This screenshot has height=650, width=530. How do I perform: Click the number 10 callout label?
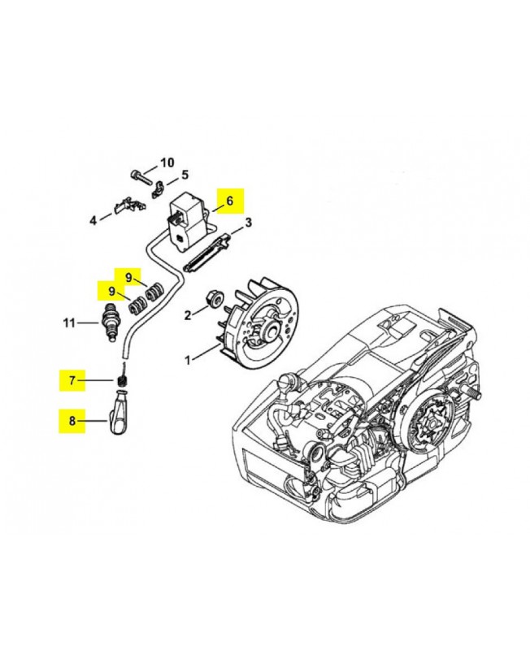(x=167, y=162)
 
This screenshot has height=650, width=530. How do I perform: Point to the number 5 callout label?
(x=185, y=175)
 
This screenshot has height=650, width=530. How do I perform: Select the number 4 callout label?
(x=93, y=219)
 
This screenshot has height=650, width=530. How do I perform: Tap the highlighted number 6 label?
(x=229, y=200)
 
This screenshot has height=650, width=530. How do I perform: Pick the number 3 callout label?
(x=249, y=222)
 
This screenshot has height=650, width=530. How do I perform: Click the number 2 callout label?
(x=187, y=314)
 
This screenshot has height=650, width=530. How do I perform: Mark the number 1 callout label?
(x=189, y=359)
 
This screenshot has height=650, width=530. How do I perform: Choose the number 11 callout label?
(x=70, y=323)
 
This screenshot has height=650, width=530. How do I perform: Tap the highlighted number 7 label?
(x=72, y=379)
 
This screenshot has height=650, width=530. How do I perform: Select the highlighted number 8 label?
(x=72, y=421)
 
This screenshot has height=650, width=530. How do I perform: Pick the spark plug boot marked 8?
(x=119, y=414)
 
